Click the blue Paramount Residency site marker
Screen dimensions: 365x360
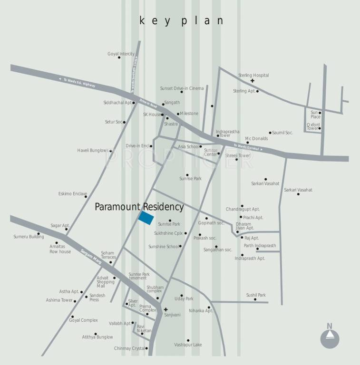(x=146, y=218)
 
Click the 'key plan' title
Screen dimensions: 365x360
(x=181, y=21)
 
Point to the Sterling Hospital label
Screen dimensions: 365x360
(x=253, y=75)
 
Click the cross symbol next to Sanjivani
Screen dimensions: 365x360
(x=166, y=309)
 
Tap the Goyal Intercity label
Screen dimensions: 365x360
(x=121, y=54)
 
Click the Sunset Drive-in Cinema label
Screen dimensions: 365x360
(x=182, y=88)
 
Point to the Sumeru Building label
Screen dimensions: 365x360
(x=29, y=236)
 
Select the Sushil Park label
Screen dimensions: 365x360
(x=256, y=295)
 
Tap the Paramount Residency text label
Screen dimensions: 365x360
(x=139, y=207)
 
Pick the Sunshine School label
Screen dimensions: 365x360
(x=164, y=247)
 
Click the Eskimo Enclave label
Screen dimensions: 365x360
(x=72, y=194)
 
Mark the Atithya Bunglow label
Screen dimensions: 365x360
(x=97, y=337)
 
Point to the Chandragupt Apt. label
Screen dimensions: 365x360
(x=243, y=209)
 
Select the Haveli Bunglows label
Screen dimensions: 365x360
(x=93, y=151)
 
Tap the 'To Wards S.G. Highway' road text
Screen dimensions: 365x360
(x=77, y=82)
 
